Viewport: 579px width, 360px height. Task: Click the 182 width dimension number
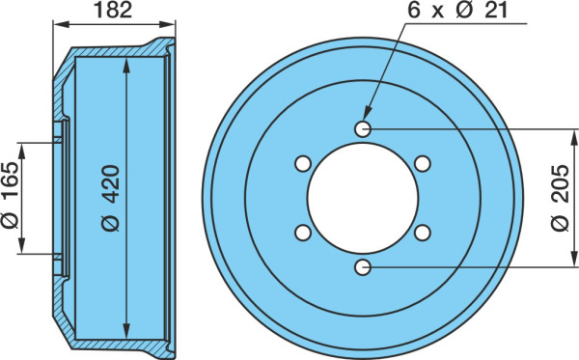113,11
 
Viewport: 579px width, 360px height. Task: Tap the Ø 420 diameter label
111,198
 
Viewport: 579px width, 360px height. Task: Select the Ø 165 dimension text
10,195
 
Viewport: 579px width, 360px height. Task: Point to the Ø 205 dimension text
560,198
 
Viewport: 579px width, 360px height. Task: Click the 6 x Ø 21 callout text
457,10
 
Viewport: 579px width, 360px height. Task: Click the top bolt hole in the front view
363,129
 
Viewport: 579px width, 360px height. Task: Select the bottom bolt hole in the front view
363,267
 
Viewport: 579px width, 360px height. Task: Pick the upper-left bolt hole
303,163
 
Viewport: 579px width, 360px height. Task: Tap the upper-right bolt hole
423,163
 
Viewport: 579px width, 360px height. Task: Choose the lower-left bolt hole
303,233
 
